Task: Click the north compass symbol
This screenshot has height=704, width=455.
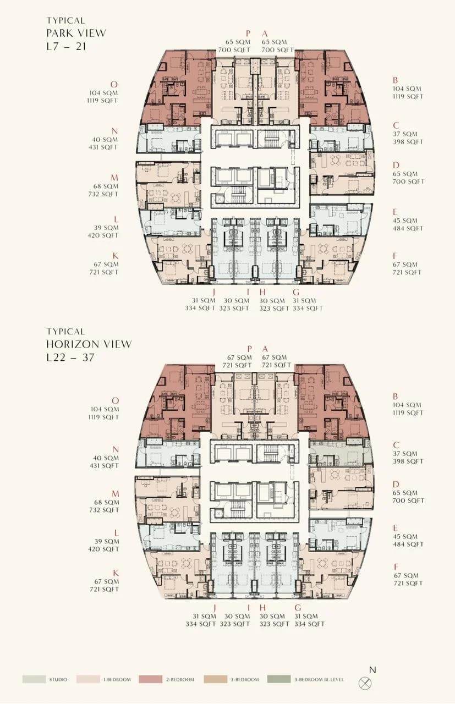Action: (365, 683)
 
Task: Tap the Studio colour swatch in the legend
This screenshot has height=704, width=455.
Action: (34, 679)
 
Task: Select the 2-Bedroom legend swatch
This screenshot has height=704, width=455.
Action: (151, 679)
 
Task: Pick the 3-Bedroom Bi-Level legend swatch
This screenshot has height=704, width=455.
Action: (279, 679)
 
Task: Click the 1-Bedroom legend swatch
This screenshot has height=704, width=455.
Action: (88, 679)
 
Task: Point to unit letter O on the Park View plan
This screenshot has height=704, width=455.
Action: (114, 84)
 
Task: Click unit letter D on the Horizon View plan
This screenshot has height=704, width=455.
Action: (396, 485)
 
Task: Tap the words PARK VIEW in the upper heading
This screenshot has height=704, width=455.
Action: (76, 33)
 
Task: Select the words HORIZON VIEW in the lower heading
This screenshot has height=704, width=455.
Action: (89, 344)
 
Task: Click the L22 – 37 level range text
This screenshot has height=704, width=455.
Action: (70, 358)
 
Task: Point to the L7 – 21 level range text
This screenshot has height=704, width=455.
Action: (67, 47)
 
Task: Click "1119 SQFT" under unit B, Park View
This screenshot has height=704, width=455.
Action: (408, 96)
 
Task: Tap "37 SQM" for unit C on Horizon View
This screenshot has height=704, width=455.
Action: (405, 454)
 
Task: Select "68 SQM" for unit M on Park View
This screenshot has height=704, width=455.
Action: (106, 186)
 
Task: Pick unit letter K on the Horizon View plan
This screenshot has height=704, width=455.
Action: (116, 573)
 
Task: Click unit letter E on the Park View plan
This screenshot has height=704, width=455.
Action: (395, 212)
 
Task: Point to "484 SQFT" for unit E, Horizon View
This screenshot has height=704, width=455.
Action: (408, 544)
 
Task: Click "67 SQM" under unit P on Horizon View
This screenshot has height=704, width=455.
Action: (239, 358)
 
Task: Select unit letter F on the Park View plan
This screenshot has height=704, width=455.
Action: (395, 256)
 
